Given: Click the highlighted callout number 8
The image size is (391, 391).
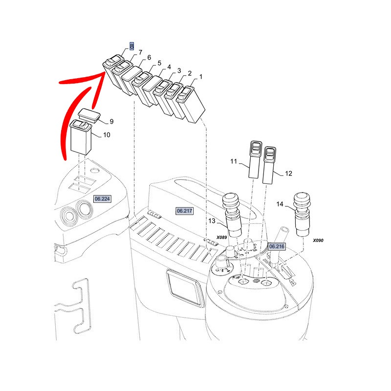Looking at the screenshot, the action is pyautogui.click(x=131, y=46).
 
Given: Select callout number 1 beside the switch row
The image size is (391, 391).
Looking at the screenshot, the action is pyautogui.click(x=201, y=77).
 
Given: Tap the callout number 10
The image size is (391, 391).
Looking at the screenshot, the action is pyautogui.click(x=107, y=135).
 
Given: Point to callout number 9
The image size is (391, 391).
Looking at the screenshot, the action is pyautogui.click(x=111, y=121).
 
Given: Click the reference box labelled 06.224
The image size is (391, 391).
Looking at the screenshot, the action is pyautogui.click(x=102, y=199).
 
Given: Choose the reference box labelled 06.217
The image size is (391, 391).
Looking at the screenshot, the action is pyautogui.click(x=185, y=211).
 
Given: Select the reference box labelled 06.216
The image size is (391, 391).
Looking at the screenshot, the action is pyautogui.click(x=277, y=246).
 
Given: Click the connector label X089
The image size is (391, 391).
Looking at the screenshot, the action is pyautogui.click(x=221, y=238).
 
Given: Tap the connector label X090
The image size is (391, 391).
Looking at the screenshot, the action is pyautogui.click(x=318, y=240).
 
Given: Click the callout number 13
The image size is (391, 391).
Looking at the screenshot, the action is pyautogui.click(x=212, y=221).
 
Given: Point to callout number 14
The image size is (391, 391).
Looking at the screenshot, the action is pyautogui.click(x=280, y=204).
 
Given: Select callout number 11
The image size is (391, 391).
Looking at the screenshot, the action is pyautogui.click(x=234, y=161).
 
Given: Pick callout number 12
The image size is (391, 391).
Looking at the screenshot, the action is pyautogui.click(x=288, y=174).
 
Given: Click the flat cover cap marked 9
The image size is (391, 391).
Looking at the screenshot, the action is pyautogui.click(x=89, y=115).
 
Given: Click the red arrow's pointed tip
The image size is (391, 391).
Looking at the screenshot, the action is pyautogui.click(x=104, y=71).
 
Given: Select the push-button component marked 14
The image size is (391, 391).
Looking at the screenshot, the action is pyautogui.click(x=302, y=215).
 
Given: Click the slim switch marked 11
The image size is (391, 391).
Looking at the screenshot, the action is pyautogui.click(x=255, y=159).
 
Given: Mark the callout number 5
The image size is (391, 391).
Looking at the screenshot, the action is pyautogui.click(x=159, y=63).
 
